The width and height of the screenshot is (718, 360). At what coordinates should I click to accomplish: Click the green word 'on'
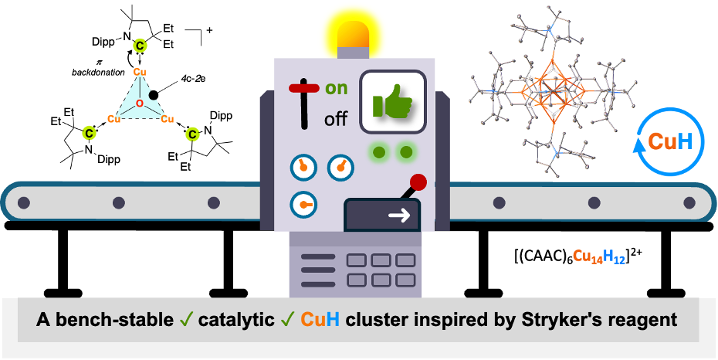337,88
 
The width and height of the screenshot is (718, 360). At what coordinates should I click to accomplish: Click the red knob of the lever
418,183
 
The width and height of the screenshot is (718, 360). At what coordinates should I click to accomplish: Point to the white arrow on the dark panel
399,216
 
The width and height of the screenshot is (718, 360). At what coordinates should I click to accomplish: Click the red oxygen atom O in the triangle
139,104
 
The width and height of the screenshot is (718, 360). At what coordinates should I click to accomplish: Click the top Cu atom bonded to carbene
139,72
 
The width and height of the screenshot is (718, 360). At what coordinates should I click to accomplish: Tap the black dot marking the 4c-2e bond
154,94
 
